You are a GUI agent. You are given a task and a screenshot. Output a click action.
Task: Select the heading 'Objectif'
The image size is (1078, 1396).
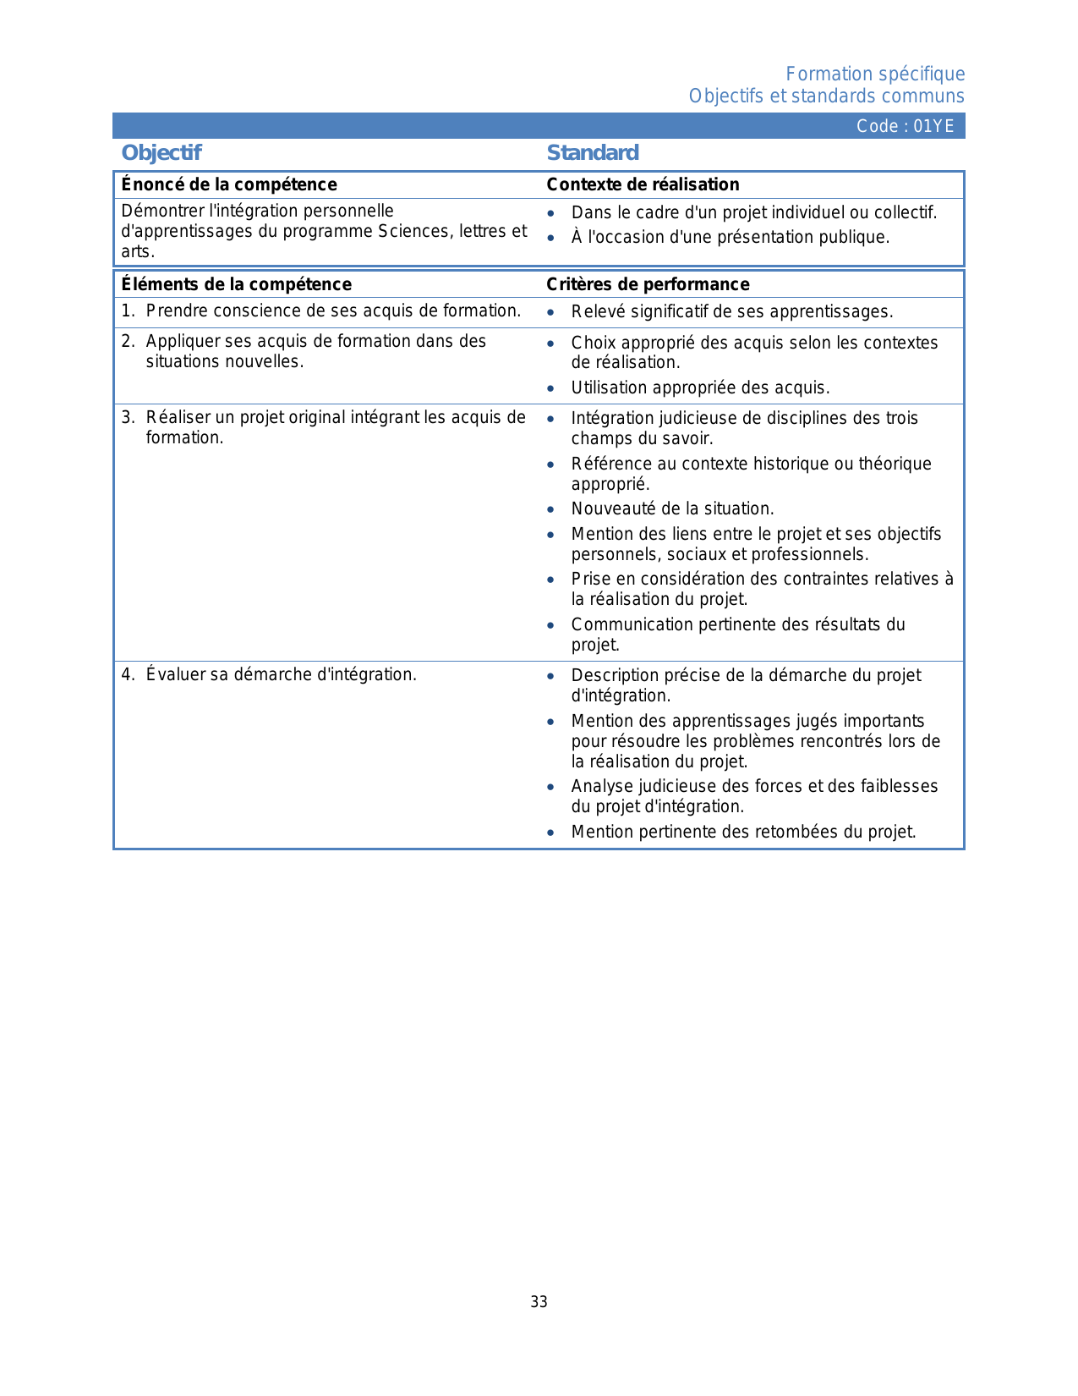pyautogui.click(x=161, y=153)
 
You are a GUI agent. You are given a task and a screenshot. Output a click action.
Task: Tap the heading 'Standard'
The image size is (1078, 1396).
pyautogui.click(x=593, y=153)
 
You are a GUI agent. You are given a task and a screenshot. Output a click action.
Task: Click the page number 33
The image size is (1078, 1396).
pyautogui.click(x=539, y=1302)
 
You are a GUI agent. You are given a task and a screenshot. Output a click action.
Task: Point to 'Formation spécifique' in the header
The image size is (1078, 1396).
pyautogui.click(x=875, y=74)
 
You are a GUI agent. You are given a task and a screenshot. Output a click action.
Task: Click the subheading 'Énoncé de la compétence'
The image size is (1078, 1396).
pyautogui.click(x=229, y=184)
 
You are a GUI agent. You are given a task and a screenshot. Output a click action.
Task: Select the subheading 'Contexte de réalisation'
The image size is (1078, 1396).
pyautogui.click(x=643, y=184)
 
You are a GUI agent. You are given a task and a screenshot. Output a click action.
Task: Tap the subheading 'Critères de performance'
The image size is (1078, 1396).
pyautogui.click(x=648, y=284)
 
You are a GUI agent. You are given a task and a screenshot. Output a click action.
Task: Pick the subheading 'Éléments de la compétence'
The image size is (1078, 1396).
pyautogui.click(x=237, y=284)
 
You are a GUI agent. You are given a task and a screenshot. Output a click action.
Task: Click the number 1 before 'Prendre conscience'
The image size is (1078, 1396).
pyautogui.click(x=126, y=311)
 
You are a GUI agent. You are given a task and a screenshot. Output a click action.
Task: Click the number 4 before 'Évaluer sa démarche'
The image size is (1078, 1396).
pyautogui.click(x=126, y=675)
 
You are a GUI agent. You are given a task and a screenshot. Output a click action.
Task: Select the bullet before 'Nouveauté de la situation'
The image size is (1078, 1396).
pyautogui.click(x=550, y=510)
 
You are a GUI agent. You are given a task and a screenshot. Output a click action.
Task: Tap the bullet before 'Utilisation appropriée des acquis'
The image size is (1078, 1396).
pyautogui.click(x=550, y=389)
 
